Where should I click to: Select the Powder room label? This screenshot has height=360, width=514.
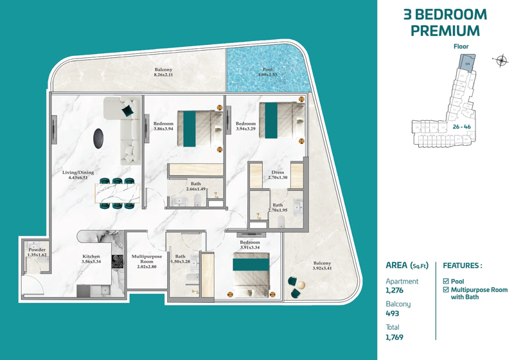pos(37,251)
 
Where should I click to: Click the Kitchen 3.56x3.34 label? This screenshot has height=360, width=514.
pos(91,258)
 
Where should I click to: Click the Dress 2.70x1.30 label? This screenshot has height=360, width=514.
pos(278,174)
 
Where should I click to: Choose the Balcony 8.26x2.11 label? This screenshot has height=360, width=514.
pos(163,72)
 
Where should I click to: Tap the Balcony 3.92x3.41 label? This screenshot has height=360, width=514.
pos(322,266)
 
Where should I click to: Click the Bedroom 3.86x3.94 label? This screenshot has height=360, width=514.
pos(163,126)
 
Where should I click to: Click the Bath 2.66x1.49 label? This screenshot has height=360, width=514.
pos(195,186)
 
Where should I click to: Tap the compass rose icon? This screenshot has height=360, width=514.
pos(501,61)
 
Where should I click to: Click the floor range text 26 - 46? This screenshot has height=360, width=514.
pos(461,127)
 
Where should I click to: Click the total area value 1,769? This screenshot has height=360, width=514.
pos(394,336)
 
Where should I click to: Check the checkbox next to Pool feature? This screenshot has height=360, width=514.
pos(447,282)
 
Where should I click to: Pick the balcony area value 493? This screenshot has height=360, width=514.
pos(392,313)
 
